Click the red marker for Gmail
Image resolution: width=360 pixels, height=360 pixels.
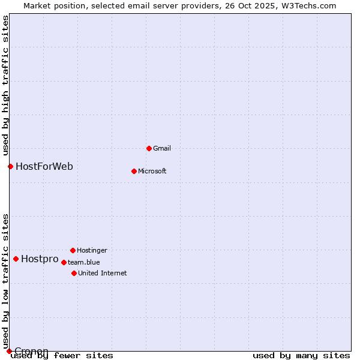pyautogui.click(x=149, y=148)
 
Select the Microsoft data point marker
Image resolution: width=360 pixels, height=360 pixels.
pyautogui.click(x=134, y=171)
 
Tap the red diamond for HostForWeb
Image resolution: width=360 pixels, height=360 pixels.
pyautogui.click(x=10, y=166)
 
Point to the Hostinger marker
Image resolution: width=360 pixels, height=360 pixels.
pyautogui.click(x=73, y=250)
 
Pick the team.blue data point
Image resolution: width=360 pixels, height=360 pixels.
pyautogui.click(x=64, y=262)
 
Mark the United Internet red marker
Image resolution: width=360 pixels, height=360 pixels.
pyautogui.click(x=74, y=273)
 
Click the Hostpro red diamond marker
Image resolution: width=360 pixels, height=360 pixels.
pyautogui.click(x=16, y=259)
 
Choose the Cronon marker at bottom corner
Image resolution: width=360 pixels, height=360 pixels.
pyautogui.click(x=9, y=351)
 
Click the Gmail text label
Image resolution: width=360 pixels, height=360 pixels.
pyautogui.click(x=162, y=148)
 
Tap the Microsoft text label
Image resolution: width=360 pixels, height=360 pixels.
pyautogui.click(x=152, y=171)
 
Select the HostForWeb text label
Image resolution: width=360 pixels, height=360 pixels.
pyautogui.click(x=44, y=166)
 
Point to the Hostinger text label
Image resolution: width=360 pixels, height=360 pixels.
pyautogui.click(x=92, y=250)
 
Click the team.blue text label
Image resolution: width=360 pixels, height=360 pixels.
pyautogui.click(x=84, y=262)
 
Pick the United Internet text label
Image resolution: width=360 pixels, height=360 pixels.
pyautogui.click(x=103, y=273)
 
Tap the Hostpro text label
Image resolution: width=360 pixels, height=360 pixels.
pyautogui.click(x=40, y=259)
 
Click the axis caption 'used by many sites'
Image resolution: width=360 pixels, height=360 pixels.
pyautogui.click(x=301, y=355)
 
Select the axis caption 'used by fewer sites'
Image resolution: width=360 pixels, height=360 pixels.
pyautogui.click(x=62, y=355)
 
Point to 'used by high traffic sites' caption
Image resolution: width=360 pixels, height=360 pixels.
pyautogui.click(x=5, y=84)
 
